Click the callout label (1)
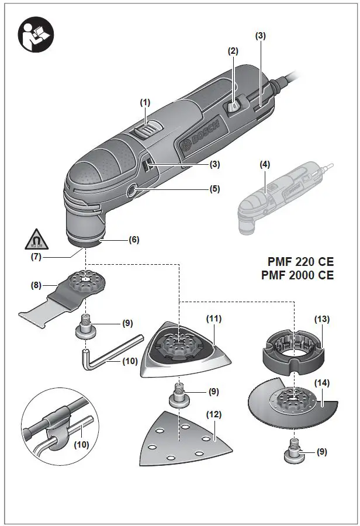tap(145, 102)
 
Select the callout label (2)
tap(233, 51)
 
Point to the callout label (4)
tap(264, 165)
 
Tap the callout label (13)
tap(321, 319)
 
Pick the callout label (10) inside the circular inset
tap(82, 444)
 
